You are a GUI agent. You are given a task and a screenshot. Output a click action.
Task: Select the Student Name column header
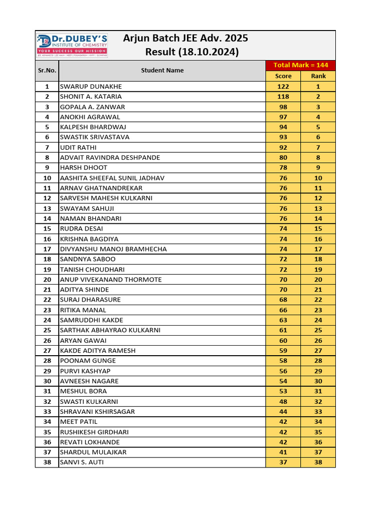click(162, 71)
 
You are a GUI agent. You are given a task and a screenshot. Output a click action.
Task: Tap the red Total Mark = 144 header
click(300, 65)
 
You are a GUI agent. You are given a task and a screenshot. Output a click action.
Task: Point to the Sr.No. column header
click(47, 71)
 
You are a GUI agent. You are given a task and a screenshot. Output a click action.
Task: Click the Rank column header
click(318, 76)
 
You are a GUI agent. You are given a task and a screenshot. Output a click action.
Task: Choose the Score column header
click(283, 76)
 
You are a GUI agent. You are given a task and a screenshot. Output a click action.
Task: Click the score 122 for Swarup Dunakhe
click(283, 86)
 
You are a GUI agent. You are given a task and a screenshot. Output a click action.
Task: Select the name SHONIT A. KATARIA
click(91, 97)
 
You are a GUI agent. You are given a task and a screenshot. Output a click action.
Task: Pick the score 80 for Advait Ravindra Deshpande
click(283, 157)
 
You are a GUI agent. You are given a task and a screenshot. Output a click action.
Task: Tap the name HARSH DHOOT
click(84, 168)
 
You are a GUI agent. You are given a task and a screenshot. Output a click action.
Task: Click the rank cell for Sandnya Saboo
click(318, 259)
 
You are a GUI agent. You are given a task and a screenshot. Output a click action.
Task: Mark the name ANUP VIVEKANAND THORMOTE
click(111, 280)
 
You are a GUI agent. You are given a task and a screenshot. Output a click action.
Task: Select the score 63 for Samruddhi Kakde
click(283, 320)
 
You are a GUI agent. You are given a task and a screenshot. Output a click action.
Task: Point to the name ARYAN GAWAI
click(83, 340)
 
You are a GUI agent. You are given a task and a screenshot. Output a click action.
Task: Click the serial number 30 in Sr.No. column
click(47, 381)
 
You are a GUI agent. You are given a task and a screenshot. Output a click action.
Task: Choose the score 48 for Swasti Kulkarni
click(283, 401)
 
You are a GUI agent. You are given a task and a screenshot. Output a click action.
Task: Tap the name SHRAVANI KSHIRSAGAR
click(97, 411)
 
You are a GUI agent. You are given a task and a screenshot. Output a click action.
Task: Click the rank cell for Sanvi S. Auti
click(318, 462)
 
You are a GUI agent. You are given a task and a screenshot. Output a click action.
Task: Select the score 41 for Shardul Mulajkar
click(283, 452)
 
